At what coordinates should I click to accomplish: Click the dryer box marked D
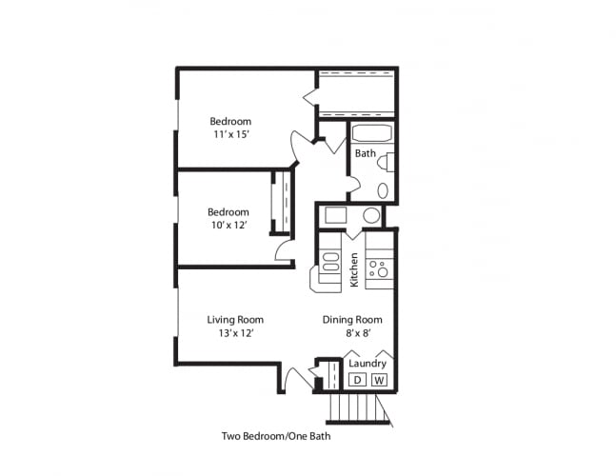[357, 380]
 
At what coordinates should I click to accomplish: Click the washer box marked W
[379, 380]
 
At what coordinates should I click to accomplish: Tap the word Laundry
[368, 364]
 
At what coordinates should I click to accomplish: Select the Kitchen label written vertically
[354, 269]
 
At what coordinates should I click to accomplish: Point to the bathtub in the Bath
[371, 134]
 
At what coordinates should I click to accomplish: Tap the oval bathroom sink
[383, 190]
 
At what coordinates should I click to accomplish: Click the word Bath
[365, 153]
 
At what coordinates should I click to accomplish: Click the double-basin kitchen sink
[330, 261]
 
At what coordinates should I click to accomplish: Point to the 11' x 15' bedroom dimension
[230, 135]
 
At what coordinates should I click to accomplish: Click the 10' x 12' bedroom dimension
[229, 226]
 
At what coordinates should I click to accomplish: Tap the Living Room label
[235, 320]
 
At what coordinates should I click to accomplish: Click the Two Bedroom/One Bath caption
[276, 437]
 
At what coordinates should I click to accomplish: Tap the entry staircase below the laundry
[358, 408]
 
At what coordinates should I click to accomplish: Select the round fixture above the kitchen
[370, 215]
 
